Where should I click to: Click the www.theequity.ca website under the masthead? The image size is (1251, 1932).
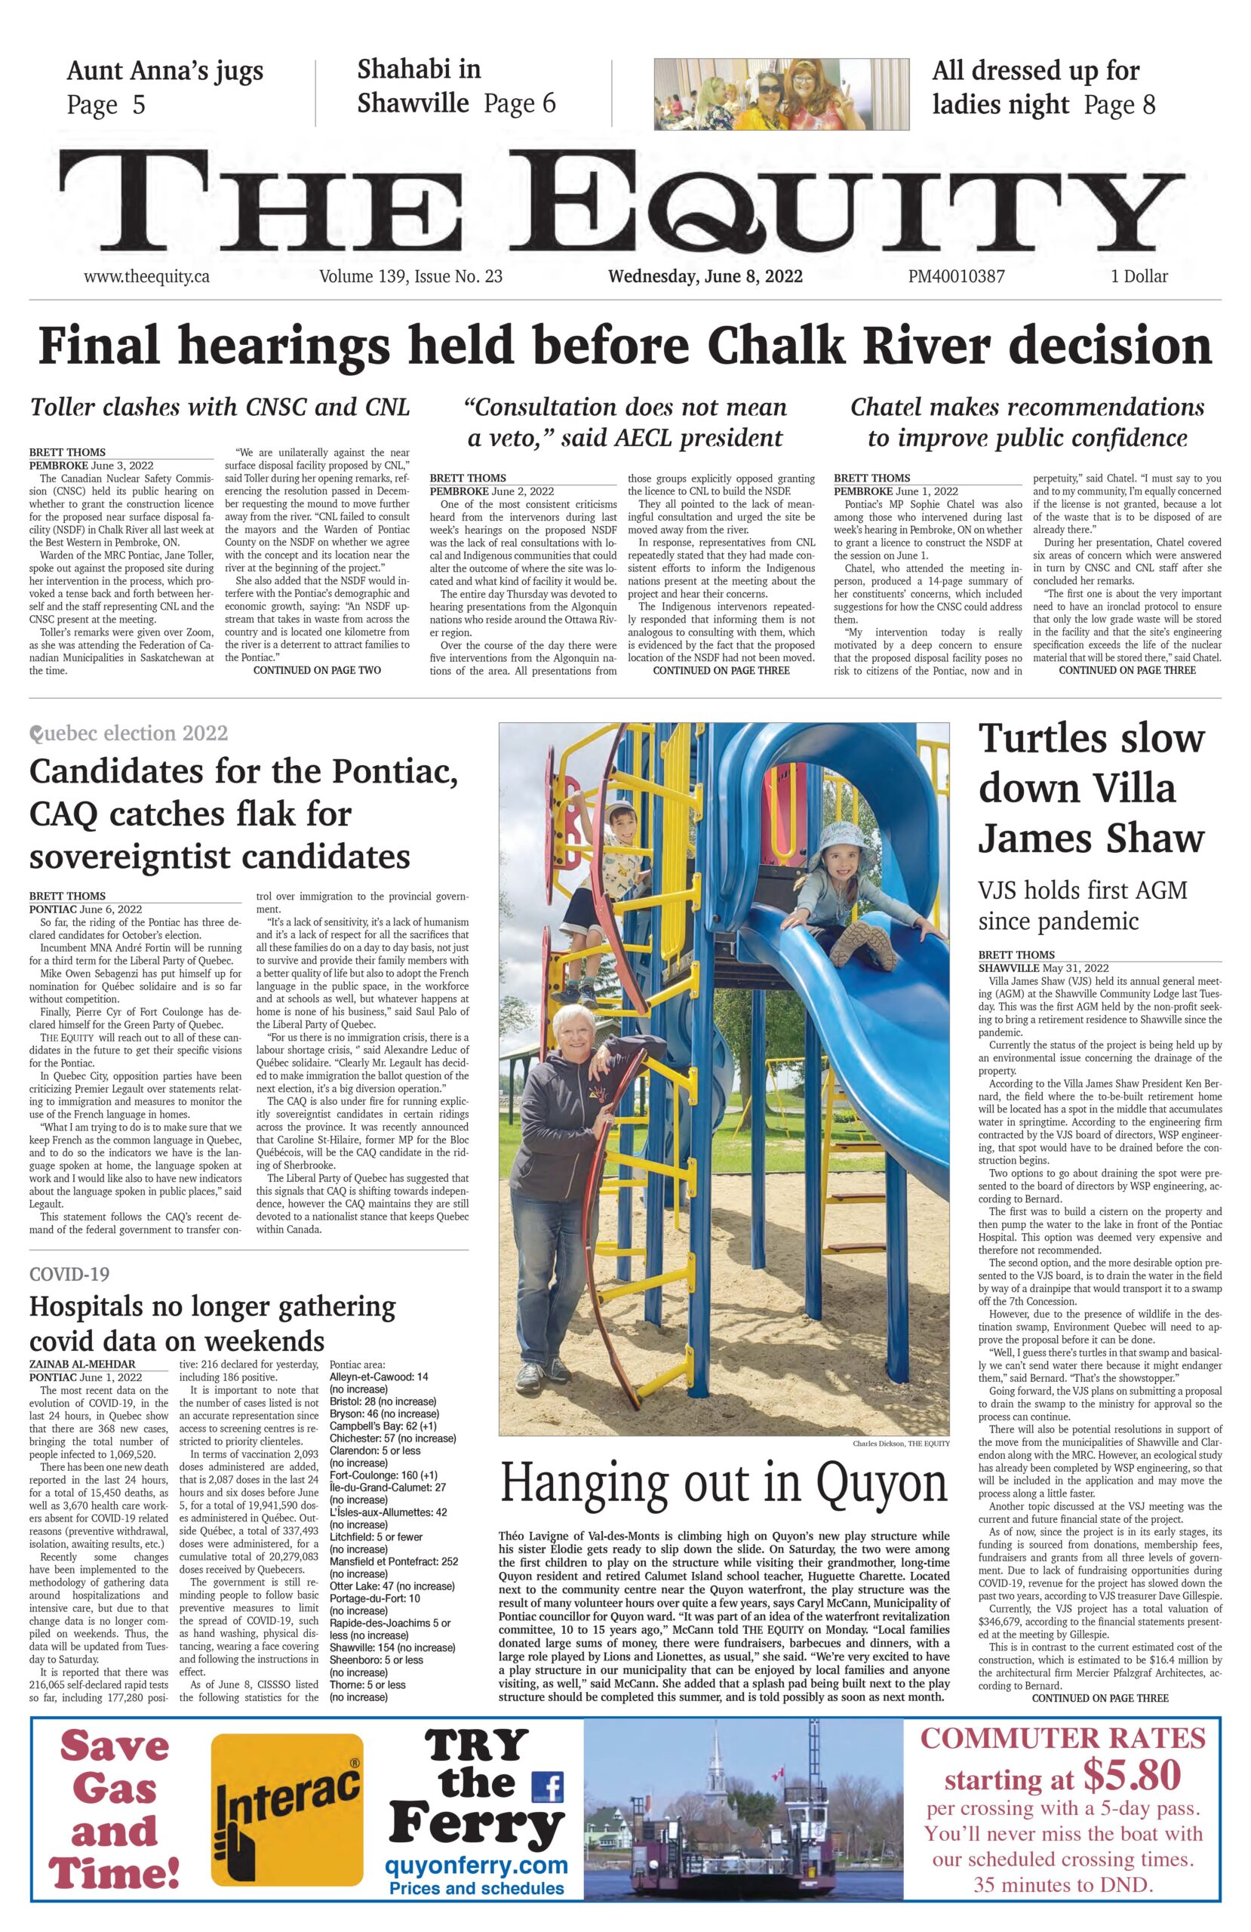click(146, 276)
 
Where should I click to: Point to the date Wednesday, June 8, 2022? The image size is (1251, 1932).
click(705, 276)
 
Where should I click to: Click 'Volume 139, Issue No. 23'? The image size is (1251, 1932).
click(410, 276)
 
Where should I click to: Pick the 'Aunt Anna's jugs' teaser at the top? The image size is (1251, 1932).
click(164, 72)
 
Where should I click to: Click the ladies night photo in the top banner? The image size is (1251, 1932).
click(781, 94)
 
